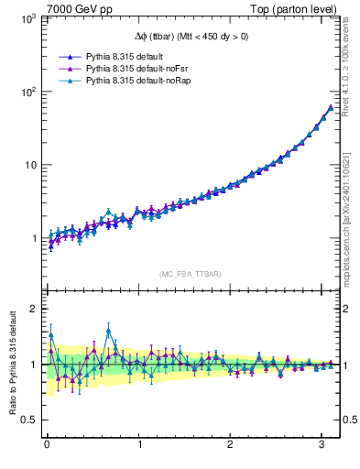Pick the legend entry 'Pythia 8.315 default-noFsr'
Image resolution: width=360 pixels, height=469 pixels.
[131, 68]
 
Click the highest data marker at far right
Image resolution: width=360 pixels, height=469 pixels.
[331, 107]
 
